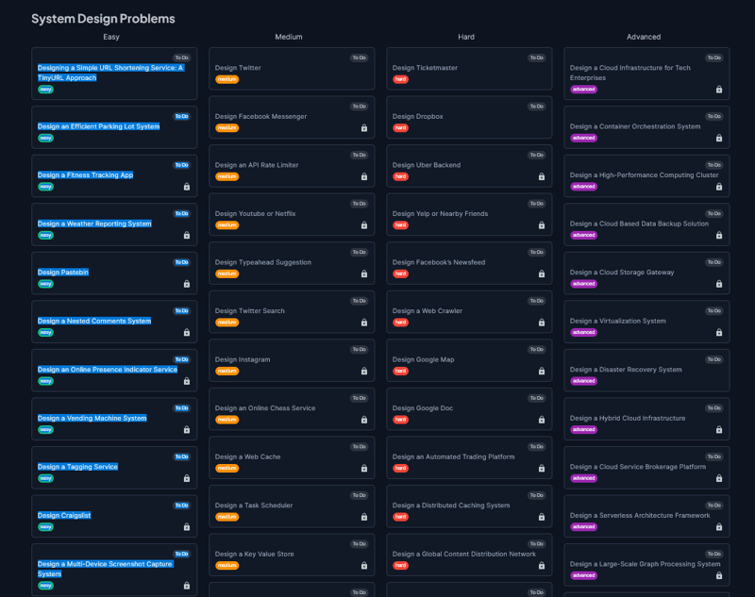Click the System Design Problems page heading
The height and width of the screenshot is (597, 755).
(103, 19)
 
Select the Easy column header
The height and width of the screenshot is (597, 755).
(111, 37)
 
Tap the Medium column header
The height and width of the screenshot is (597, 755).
(289, 37)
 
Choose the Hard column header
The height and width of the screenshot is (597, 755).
(466, 37)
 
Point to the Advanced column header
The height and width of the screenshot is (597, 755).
(644, 37)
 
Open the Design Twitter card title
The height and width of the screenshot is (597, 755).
(238, 68)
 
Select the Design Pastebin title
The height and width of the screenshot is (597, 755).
(63, 273)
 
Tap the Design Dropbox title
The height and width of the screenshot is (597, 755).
(417, 117)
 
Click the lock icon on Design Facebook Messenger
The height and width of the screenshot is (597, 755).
(364, 128)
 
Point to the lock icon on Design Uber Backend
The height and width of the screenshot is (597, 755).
(542, 176)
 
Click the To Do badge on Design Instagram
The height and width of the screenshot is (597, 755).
(359, 350)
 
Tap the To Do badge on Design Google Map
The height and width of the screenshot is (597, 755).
(536, 350)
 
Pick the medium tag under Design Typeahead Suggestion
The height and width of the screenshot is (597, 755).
(227, 274)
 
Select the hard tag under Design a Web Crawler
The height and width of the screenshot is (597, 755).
(401, 323)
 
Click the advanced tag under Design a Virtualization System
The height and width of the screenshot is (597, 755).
(584, 332)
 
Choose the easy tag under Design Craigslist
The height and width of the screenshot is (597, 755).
(45, 527)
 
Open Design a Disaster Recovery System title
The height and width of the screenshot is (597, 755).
(626, 370)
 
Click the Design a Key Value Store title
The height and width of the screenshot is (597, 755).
(254, 555)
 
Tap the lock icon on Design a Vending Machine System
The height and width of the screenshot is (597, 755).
(187, 429)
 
